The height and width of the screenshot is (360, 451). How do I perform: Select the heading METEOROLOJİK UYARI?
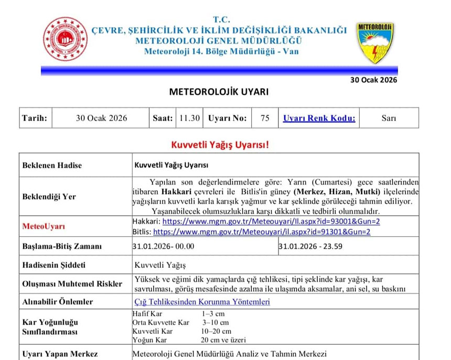(x=219, y=92)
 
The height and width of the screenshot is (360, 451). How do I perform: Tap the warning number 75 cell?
(x=265, y=118)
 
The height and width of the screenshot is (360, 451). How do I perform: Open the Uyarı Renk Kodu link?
(x=319, y=118)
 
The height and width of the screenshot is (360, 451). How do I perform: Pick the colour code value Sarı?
(x=389, y=118)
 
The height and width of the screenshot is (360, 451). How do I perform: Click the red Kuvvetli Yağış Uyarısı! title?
(x=220, y=144)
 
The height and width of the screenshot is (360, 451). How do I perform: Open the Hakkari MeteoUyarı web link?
(x=267, y=222)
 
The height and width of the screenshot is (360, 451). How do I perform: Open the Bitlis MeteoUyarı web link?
(x=262, y=231)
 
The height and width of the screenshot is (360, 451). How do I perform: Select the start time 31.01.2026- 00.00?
(x=164, y=246)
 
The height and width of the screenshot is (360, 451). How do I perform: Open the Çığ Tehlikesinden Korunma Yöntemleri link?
(x=202, y=302)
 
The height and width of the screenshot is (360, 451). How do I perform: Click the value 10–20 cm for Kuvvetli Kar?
(x=217, y=331)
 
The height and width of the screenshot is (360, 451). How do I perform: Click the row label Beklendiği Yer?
(x=49, y=197)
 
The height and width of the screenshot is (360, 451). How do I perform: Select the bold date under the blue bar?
(x=373, y=80)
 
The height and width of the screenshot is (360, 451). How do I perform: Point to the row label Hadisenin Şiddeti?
(x=54, y=265)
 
